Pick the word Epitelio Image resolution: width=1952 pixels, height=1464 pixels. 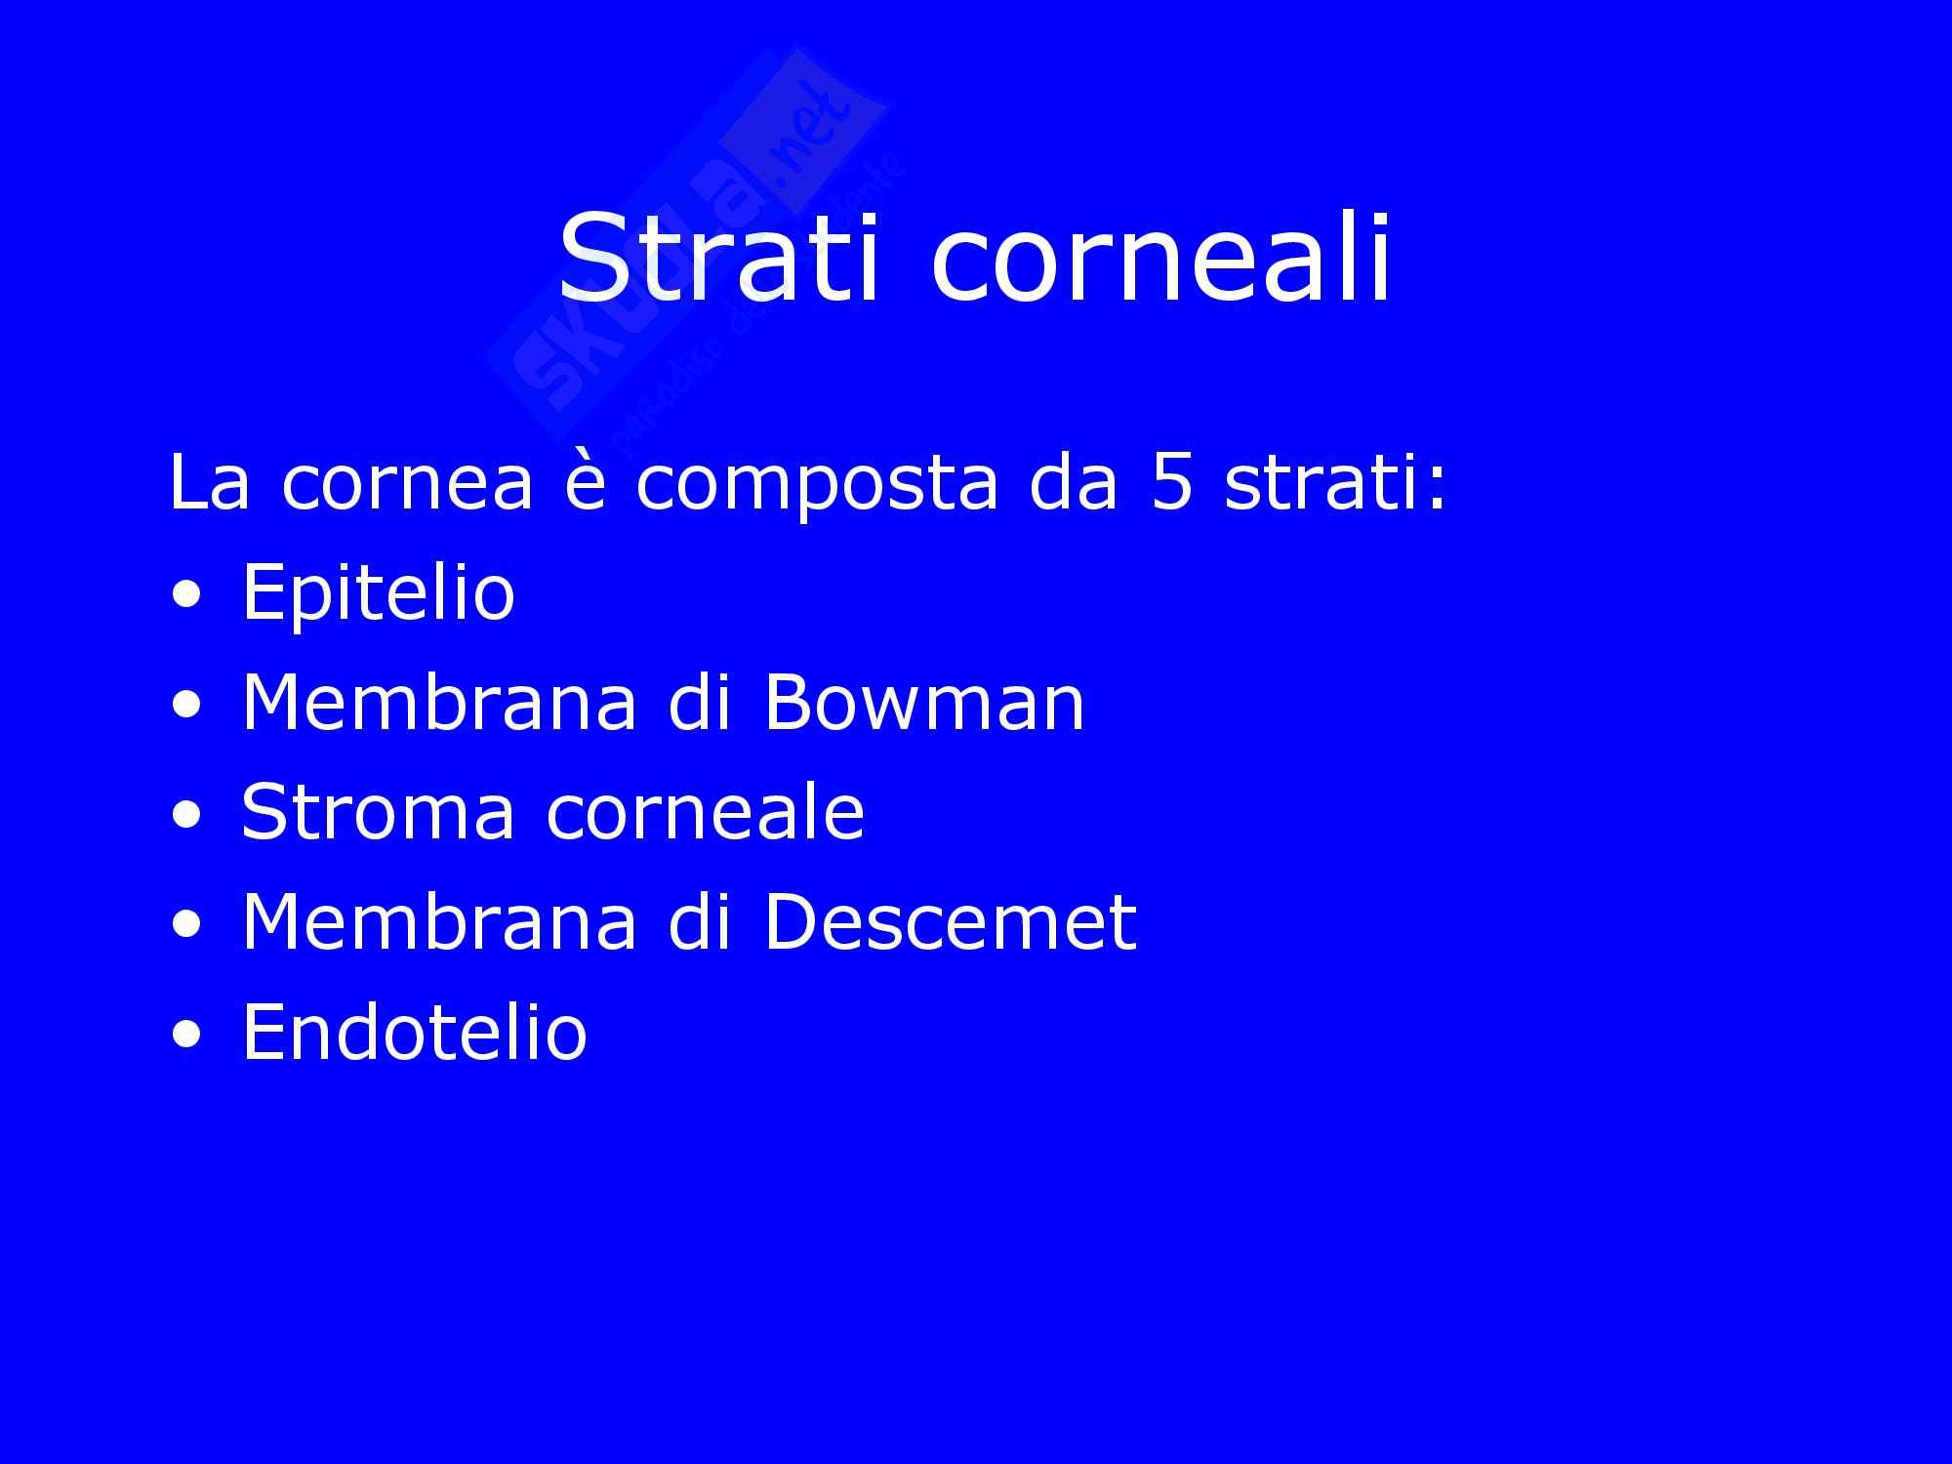pos(378,592)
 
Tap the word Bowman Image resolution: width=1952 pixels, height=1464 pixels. pos(923,702)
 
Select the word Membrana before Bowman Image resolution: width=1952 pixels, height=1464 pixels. pos(439,702)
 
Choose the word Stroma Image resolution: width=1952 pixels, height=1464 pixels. pos(378,812)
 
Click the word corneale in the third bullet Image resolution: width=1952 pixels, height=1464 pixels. pos(705,812)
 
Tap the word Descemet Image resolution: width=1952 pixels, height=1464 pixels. pos(951,921)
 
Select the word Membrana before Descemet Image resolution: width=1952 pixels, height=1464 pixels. pos(439,921)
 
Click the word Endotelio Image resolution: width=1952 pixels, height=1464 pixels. pos(415,1032)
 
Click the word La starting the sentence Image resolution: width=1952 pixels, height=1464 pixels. pos(210,482)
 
